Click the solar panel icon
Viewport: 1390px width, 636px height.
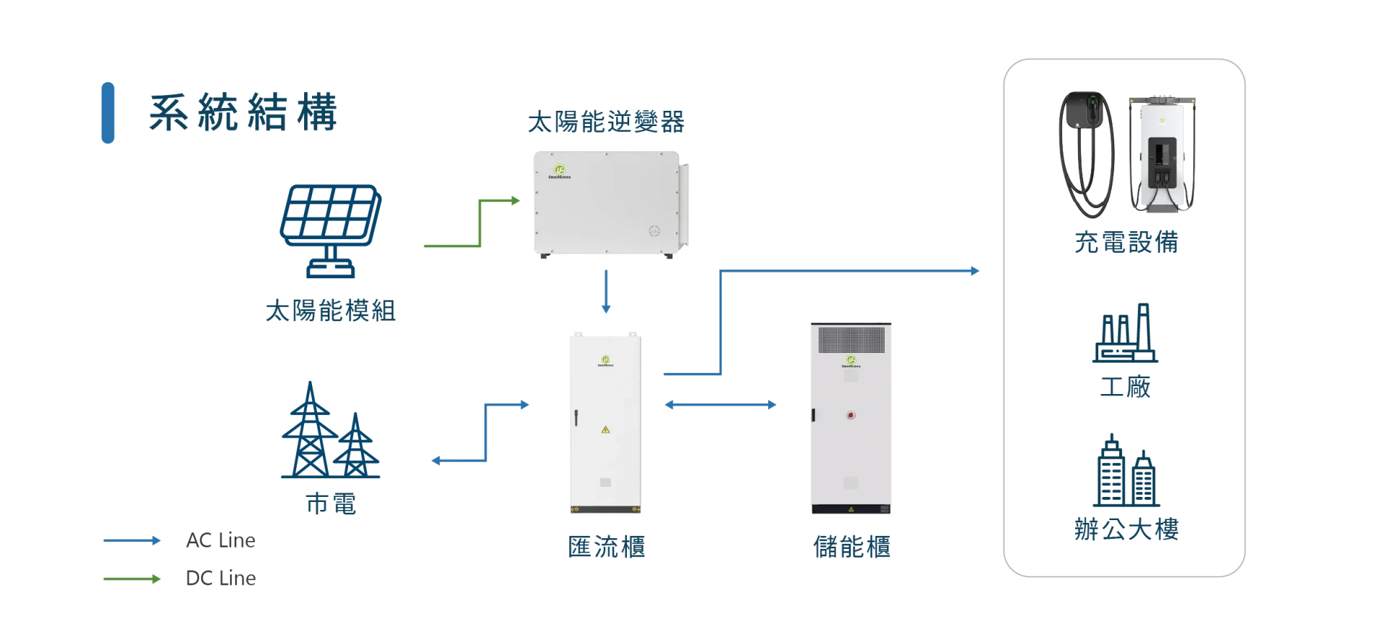pyautogui.click(x=331, y=230)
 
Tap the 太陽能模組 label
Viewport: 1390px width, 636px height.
pyautogui.click(x=330, y=311)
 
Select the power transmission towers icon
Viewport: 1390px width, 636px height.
pyautogui.click(x=330, y=430)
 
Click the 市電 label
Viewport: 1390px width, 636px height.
pyautogui.click(x=331, y=503)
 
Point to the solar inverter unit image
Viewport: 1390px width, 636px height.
pyautogui.click(x=611, y=204)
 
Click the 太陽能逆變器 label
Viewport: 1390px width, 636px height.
pyautogui.click(x=606, y=122)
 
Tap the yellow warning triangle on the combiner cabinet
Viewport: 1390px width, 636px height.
pyautogui.click(x=605, y=430)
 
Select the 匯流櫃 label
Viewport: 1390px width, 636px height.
pyautogui.click(x=606, y=547)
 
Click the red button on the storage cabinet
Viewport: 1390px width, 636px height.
pyautogui.click(x=851, y=415)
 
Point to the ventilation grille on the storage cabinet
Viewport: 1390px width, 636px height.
pyautogui.click(x=851, y=340)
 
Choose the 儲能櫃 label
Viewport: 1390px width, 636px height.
pyautogui.click(x=851, y=547)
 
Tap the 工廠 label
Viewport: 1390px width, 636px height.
pyautogui.click(x=1125, y=387)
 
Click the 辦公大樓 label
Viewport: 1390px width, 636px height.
pyautogui.click(x=1126, y=530)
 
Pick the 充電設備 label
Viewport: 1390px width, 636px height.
pyautogui.click(x=1126, y=242)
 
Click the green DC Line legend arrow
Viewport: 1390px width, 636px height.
pyautogui.click(x=132, y=579)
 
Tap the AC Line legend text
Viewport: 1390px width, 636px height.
pyautogui.click(x=221, y=540)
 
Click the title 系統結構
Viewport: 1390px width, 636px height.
pyautogui.click(x=243, y=112)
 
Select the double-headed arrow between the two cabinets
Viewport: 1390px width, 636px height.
pyautogui.click(x=720, y=405)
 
